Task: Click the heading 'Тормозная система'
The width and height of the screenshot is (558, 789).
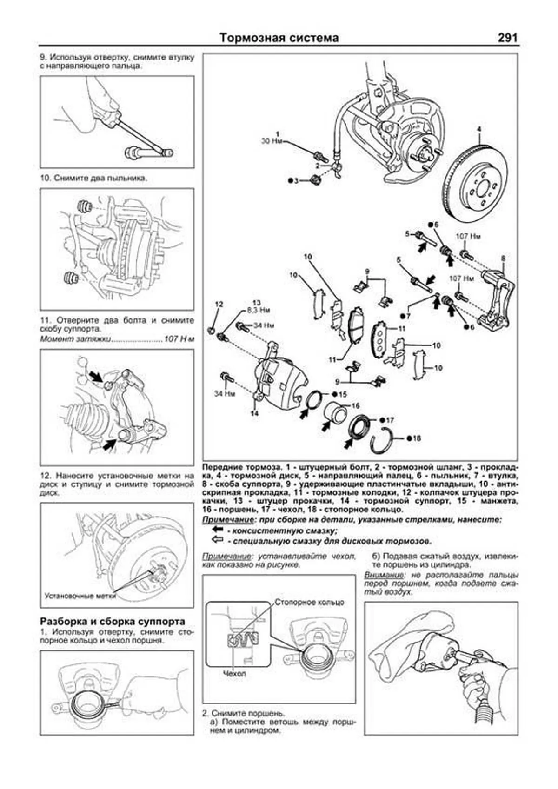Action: click(x=279, y=38)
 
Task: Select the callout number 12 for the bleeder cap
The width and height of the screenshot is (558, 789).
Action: click(x=219, y=304)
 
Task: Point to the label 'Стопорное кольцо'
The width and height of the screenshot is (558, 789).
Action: click(x=309, y=602)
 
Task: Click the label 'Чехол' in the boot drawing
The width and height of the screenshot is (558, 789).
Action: click(x=234, y=673)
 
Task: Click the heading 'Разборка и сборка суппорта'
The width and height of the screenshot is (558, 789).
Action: click(x=113, y=622)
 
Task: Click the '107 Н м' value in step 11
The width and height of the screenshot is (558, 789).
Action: click(x=179, y=339)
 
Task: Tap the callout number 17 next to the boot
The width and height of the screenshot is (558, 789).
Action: click(x=390, y=420)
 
